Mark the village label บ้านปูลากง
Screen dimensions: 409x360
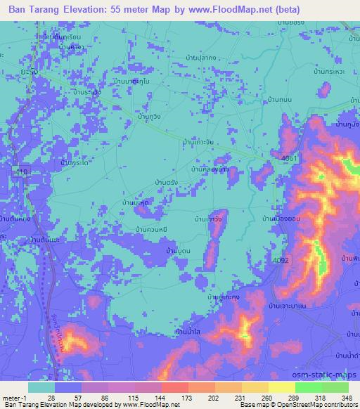[x=204, y=57]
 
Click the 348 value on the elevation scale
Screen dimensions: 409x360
[x=346, y=398]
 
